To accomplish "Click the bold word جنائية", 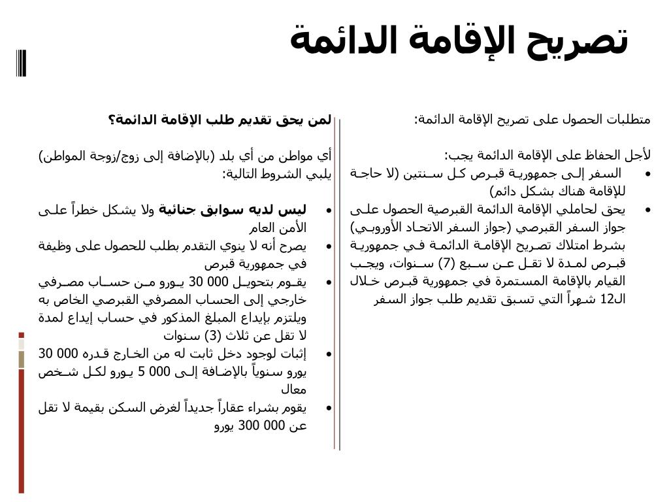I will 177,210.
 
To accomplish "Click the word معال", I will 294,390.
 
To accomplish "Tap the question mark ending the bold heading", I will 112,120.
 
